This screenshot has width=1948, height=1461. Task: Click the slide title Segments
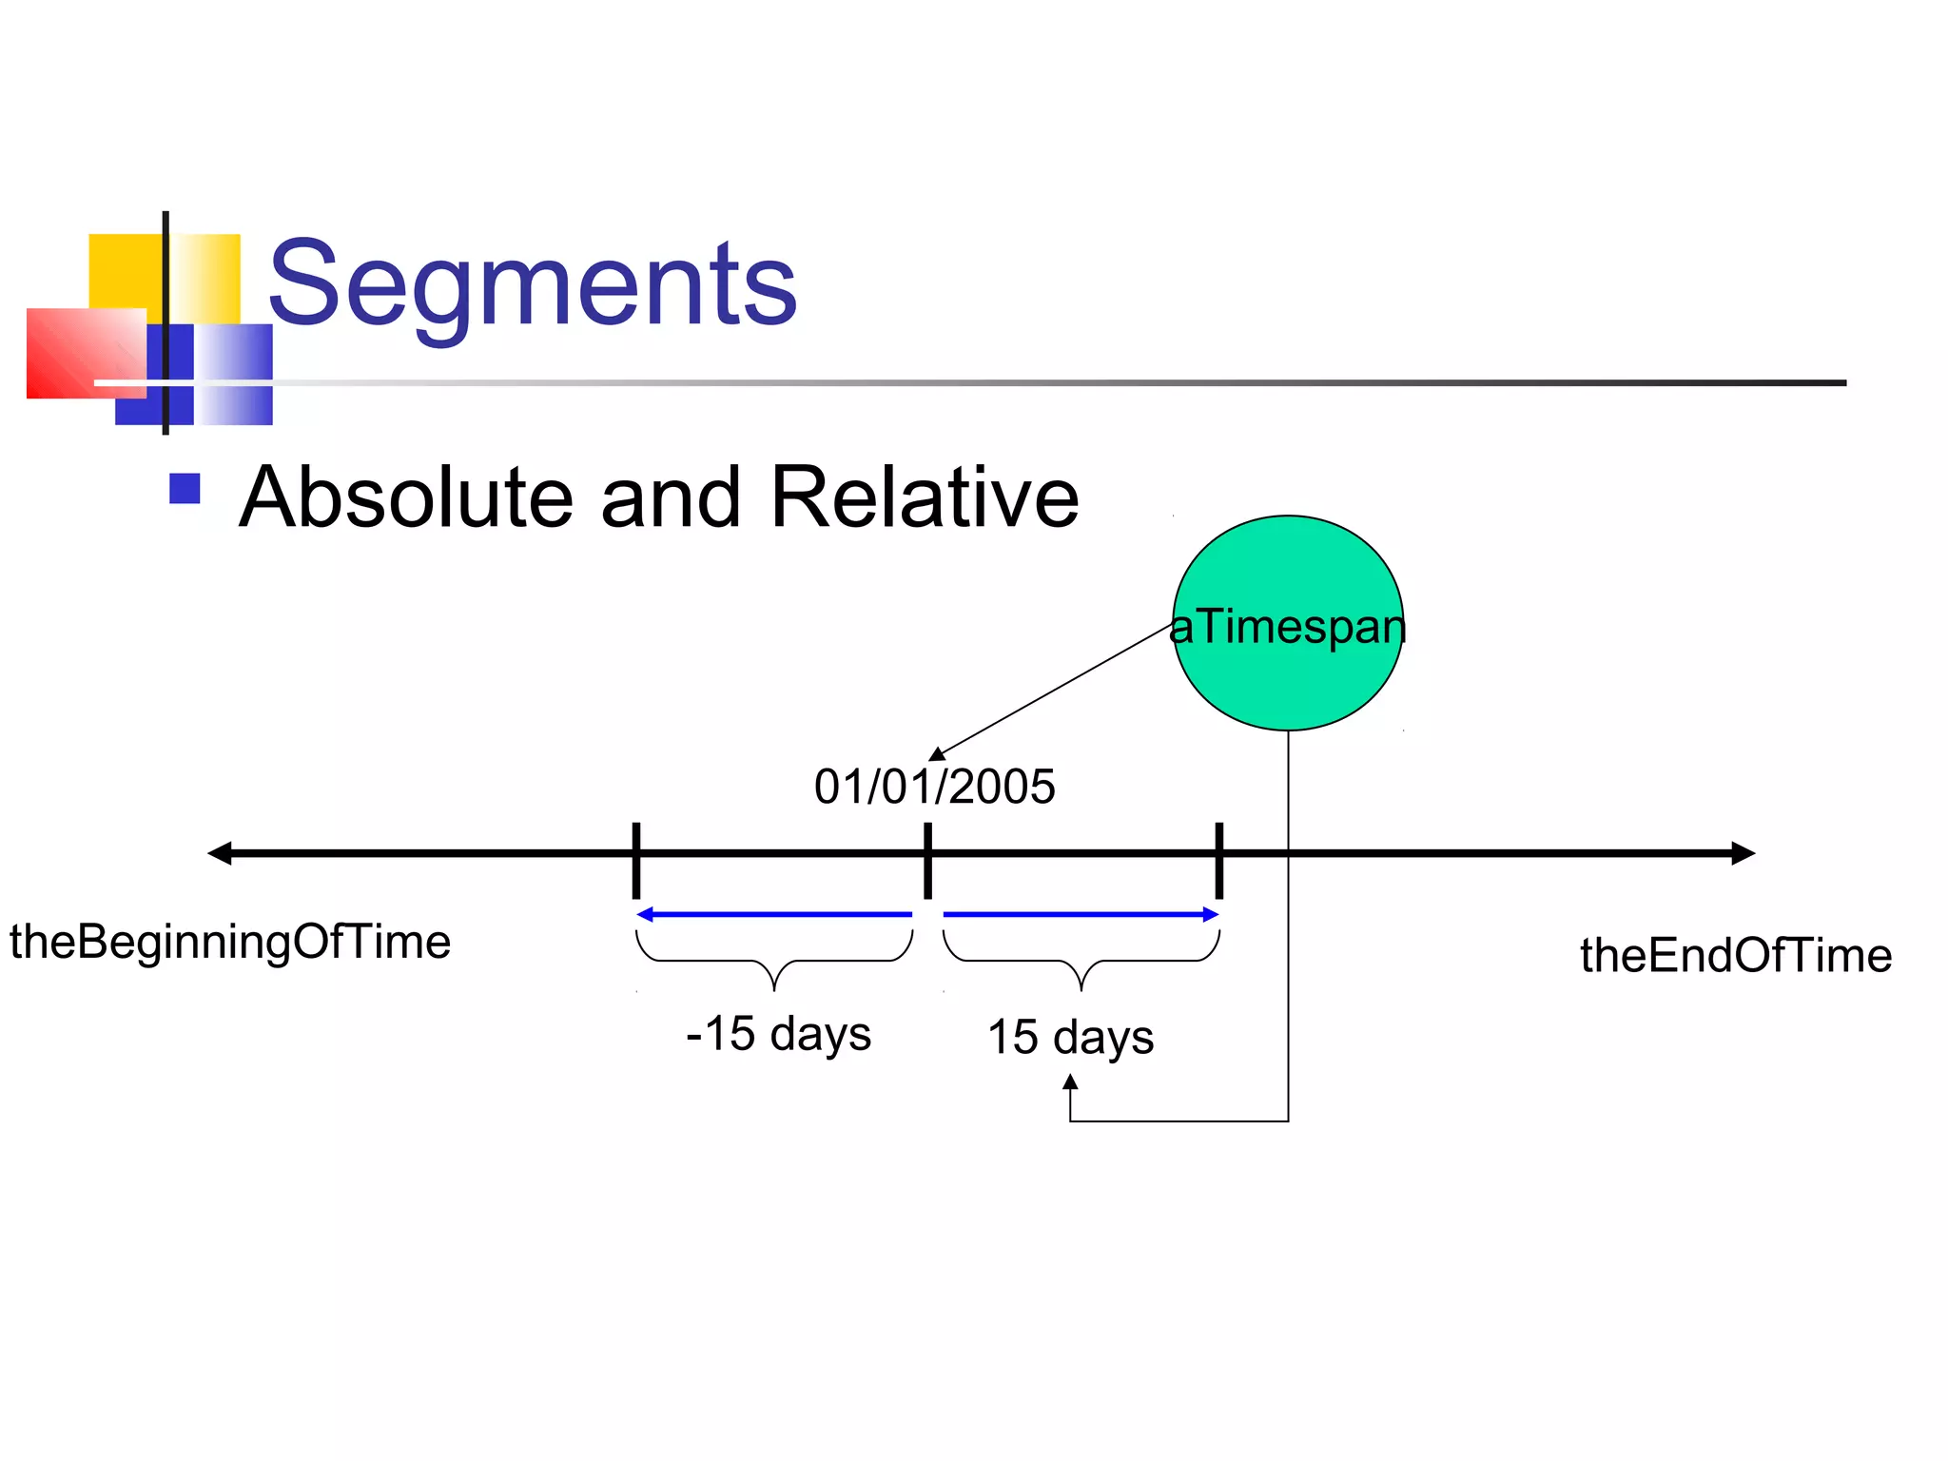coord(533,283)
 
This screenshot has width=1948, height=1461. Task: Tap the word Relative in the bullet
coord(924,497)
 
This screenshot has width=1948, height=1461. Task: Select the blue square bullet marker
coord(185,489)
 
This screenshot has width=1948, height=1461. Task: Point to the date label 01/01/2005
coord(934,788)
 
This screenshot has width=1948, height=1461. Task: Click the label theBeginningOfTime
coord(230,943)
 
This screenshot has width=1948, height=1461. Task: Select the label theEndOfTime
coord(1736,956)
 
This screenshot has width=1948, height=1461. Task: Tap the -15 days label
coord(778,1034)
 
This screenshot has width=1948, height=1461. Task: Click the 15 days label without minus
coord(1070,1037)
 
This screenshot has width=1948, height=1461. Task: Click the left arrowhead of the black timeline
coord(220,853)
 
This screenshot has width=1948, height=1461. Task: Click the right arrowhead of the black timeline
coord(1743,853)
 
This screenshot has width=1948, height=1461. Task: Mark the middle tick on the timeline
coord(927,860)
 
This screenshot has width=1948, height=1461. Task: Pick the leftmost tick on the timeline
coord(636,860)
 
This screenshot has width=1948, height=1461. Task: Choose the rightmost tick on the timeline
coord(1219,860)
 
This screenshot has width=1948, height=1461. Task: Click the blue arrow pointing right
coord(1081,915)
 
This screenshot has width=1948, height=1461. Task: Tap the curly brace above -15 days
coord(774,961)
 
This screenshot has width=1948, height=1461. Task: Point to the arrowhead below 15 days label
coord(1070,1082)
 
